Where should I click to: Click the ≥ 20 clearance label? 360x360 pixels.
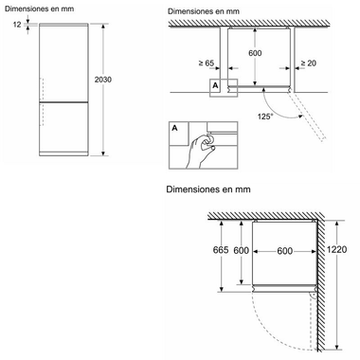307,63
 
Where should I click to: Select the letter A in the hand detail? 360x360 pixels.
175,127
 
